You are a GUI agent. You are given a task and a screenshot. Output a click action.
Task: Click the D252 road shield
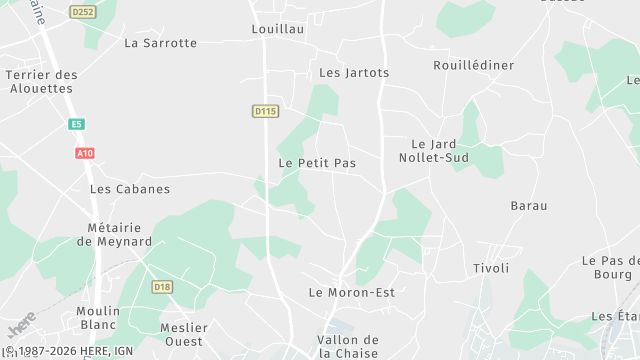[x=82, y=11]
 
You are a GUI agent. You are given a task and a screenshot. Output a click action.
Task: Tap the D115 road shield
[x=265, y=111]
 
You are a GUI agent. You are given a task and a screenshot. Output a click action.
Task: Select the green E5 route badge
[x=76, y=124]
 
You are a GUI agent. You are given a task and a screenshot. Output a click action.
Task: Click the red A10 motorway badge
[x=84, y=153]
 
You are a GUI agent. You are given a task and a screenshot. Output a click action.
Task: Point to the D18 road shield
[x=162, y=287]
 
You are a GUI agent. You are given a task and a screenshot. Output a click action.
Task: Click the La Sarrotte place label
[x=160, y=43]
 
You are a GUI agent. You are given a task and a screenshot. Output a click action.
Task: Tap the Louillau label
[x=277, y=30]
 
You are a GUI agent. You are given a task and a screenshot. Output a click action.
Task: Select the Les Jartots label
[x=354, y=73]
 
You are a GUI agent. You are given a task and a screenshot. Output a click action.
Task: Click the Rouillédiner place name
[x=474, y=65]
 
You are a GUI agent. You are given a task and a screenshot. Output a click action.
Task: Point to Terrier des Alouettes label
[x=41, y=81]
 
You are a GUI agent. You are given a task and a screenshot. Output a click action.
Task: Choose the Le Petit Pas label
[x=317, y=162]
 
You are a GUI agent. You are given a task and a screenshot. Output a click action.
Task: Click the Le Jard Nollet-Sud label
[x=441, y=151]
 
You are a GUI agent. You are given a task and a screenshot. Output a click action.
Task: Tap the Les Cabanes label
[x=130, y=188]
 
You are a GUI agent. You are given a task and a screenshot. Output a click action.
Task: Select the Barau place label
[x=529, y=205]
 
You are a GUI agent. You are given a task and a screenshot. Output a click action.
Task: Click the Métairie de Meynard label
[x=114, y=234]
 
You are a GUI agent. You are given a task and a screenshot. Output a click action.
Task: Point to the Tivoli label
[x=491, y=268]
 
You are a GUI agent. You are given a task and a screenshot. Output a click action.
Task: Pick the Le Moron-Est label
[x=352, y=292]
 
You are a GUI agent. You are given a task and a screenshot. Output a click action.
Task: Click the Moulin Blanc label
[x=98, y=318]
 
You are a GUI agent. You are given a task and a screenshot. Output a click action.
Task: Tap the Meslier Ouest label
[x=184, y=334]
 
